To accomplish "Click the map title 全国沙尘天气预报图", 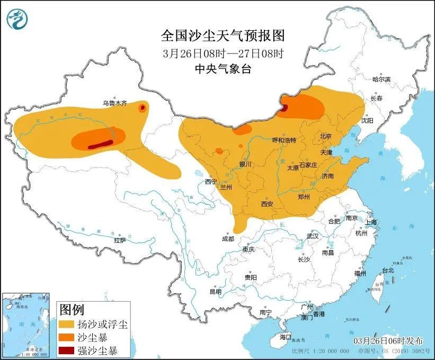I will [x=223, y=36].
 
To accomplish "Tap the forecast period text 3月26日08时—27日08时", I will [x=223, y=53].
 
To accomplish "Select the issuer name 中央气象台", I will [x=223, y=68].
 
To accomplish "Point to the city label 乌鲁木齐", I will [x=115, y=103].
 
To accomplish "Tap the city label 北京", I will [x=325, y=136].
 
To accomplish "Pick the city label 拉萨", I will [x=120, y=240].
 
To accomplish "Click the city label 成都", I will [x=228, y=239].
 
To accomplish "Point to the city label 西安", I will [x=267, y=204].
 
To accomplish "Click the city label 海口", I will [x=286, y=337].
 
